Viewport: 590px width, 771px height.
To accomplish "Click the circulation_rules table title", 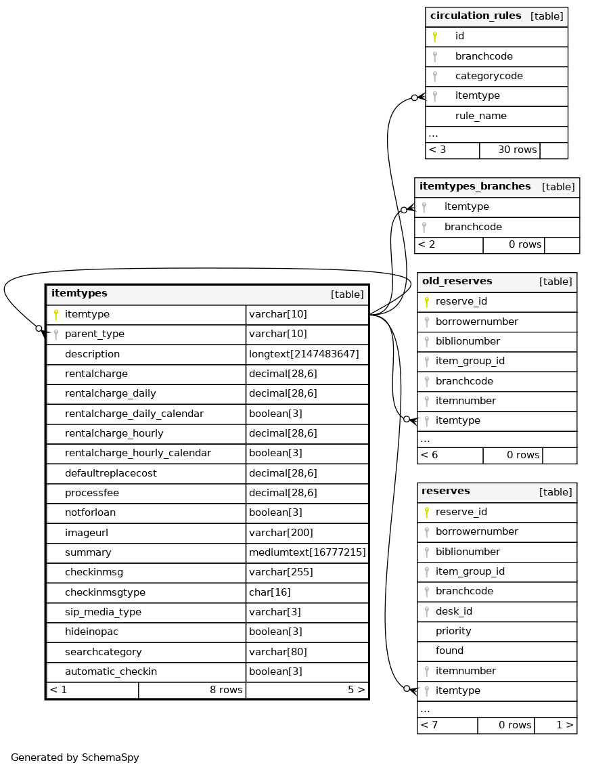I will pos(476,16).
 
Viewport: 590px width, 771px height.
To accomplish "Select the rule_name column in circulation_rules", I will pos(480,116).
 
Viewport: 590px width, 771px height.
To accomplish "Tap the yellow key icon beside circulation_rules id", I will pos(434,37).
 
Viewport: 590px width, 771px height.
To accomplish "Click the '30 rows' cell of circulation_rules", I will pos(517,150).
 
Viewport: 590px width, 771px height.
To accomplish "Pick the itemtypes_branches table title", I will pos(475,187).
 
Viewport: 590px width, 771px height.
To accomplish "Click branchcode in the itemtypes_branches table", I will pos(473,227).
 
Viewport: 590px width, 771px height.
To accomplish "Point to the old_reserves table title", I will pos(457,282).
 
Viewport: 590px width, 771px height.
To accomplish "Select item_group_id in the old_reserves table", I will pos(470,361).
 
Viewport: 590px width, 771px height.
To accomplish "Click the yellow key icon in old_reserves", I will pos(426,302).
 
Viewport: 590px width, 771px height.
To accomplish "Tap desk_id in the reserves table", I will pos(453,612).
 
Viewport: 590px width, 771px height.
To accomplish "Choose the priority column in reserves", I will pos(453,632).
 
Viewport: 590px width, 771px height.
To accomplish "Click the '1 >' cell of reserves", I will pos(564,726).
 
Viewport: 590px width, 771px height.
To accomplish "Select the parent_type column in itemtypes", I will pos(94,334).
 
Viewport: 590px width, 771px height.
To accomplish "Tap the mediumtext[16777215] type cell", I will pos(307,553).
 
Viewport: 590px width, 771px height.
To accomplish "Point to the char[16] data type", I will pos(270,593).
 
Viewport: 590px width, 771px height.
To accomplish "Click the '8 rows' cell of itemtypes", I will pos(225,690).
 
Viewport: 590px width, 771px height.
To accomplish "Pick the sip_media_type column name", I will pos(103,613).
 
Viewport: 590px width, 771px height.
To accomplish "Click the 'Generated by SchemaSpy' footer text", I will pos(75,758).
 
